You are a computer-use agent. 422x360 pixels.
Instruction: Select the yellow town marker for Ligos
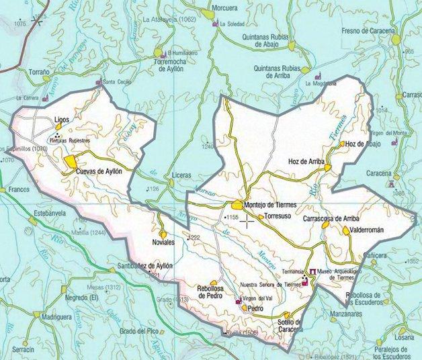[77, 126]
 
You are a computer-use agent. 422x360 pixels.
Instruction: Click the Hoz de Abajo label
[365, 144]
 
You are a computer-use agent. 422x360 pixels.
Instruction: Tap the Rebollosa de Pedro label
[211, 292]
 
